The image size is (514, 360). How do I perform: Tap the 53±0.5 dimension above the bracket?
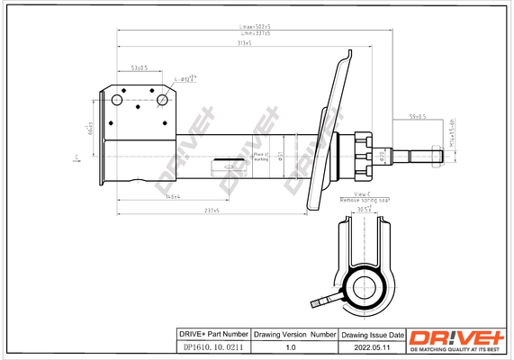point(140,67)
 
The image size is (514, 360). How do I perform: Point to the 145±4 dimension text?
point(172,196)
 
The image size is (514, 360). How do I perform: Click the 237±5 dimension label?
point(212,210)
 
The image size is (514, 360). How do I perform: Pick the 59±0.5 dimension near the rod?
point(418,116)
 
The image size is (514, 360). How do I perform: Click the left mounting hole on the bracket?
point(116,101)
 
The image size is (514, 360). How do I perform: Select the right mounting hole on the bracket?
point(163,101)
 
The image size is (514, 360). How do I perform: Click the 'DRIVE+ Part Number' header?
point(210,334)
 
